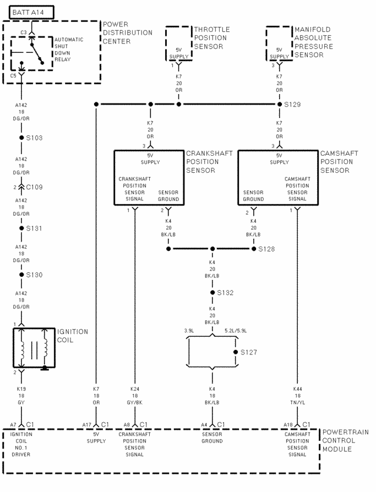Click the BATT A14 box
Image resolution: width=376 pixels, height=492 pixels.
pyautogui.click(x=28, y=11)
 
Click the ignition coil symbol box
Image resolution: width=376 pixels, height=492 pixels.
pyautogui.click(x=34, y=349)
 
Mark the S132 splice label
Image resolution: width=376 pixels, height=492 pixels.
pyautogui.click(x=226, y=292)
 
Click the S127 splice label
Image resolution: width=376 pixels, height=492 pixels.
pyautogui.click(x=249, y=352)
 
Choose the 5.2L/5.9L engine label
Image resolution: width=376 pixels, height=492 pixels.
pyautogui.click(x=236, y=331)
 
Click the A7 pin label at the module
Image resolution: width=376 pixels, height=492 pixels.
pyautogui.click(x=13, y=424)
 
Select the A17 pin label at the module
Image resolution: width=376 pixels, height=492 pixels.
pyautogui.click(x=87, y=424)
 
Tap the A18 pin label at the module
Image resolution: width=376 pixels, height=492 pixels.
pyautogui.click(x=288, y=424)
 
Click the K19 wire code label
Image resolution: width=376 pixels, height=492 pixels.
pyautogui.click(x=22, y=389)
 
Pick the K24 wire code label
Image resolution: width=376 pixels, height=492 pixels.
pyautogui.click(x=136, y=389)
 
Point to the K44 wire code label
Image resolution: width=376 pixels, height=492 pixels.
pyautogui.click(x=298, y=389)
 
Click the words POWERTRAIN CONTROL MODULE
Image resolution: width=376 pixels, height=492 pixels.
pyautogui.click(x=345, y=440)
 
